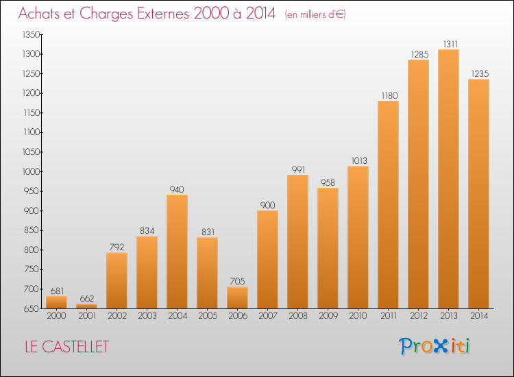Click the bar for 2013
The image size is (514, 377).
tap(448, 179)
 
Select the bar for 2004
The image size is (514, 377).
tap(177, 252)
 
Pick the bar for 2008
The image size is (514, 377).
tap(297, 241)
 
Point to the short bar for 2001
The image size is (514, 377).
tap(86, 306)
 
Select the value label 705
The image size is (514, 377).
tap(237, 281)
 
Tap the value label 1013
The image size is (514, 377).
tap(358, 160)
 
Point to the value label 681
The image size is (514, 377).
tap(56, 290)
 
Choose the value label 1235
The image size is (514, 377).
tap(478, 73)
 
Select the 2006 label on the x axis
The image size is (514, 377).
tap(237, 315)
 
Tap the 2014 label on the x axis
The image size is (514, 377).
tap(478, 315)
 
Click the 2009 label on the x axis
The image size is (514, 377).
tap(328, 315)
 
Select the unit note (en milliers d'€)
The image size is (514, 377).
tap(315, 14)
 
